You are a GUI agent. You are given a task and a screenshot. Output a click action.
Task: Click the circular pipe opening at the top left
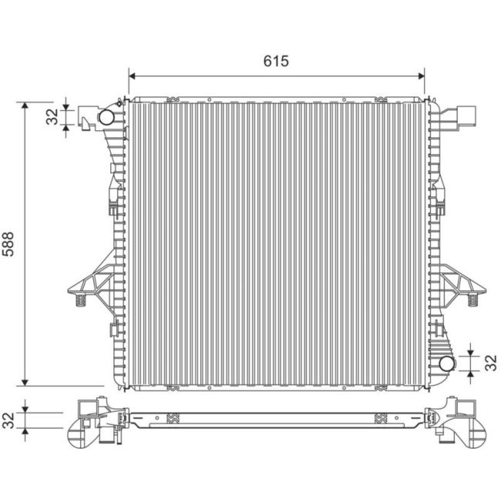105,117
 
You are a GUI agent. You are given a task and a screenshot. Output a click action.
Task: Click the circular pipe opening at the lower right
446,363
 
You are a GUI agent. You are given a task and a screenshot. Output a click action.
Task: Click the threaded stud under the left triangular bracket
78,301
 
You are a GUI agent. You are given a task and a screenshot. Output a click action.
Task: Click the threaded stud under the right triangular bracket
470,301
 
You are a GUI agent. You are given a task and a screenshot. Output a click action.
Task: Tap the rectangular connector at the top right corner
465,116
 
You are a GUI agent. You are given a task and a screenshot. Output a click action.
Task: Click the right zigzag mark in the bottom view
380,419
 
